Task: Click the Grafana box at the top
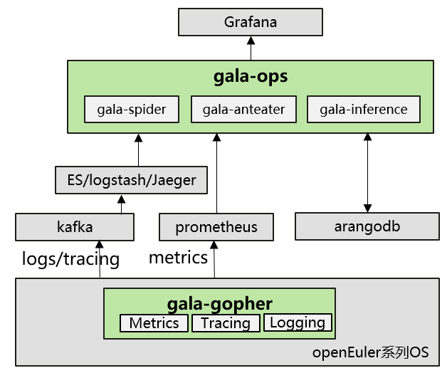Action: coord(251,22)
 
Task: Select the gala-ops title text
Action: coord(251,76)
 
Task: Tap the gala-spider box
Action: coord(132,109)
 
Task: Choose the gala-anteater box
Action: coord(243,109)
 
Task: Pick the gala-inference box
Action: coord(364,109)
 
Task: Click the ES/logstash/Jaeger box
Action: coord(132,180)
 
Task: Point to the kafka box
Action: coord(75,227)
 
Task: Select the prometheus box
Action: coord(216,227)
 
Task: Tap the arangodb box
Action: coord(367,226)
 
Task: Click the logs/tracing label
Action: coord(70,258)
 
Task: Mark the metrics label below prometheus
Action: coord(178,257)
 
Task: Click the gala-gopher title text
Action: coord(220,304)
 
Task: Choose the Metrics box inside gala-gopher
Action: coord(154,323)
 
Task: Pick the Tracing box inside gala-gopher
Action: coord(226,323)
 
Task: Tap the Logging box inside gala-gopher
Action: coord(298,322)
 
